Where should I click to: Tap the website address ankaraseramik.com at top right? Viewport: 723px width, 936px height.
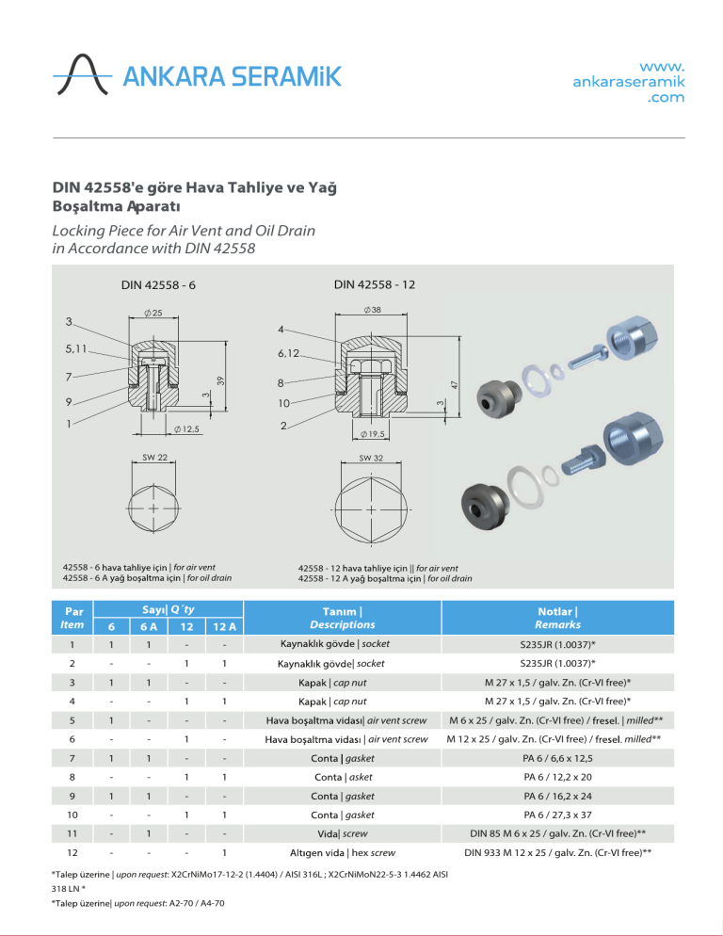[628, 82]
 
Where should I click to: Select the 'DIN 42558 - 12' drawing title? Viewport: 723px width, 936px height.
[374, 284]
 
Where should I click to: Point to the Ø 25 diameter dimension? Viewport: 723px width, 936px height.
[153, 313]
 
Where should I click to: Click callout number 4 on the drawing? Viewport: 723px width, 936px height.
[281, 330]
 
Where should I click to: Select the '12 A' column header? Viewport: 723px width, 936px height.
[223, 625]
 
